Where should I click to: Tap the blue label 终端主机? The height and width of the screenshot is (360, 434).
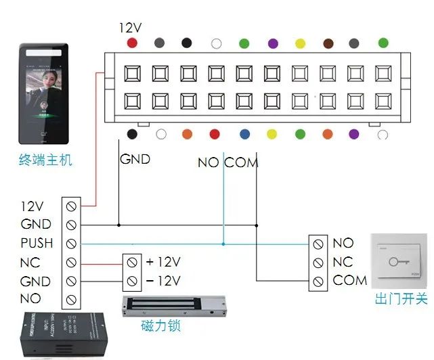pyautogui.click(x=45, y=161)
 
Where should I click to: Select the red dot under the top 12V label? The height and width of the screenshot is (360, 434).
pyautogui.click(x=132, y=43)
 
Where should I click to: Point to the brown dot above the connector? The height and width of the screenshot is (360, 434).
pyautogui.click(x=328, y=43)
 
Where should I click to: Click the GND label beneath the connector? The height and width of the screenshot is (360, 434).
pyautogui.click(x=135, y=160)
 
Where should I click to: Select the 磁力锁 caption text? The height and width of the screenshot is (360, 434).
pyautogui.click(x=161, y=327)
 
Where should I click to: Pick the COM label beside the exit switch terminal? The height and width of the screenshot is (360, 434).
pyautogui.click(x=350, y=280)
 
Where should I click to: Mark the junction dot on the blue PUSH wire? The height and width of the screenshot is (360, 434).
pyautogui.click(x=223, y=243)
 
